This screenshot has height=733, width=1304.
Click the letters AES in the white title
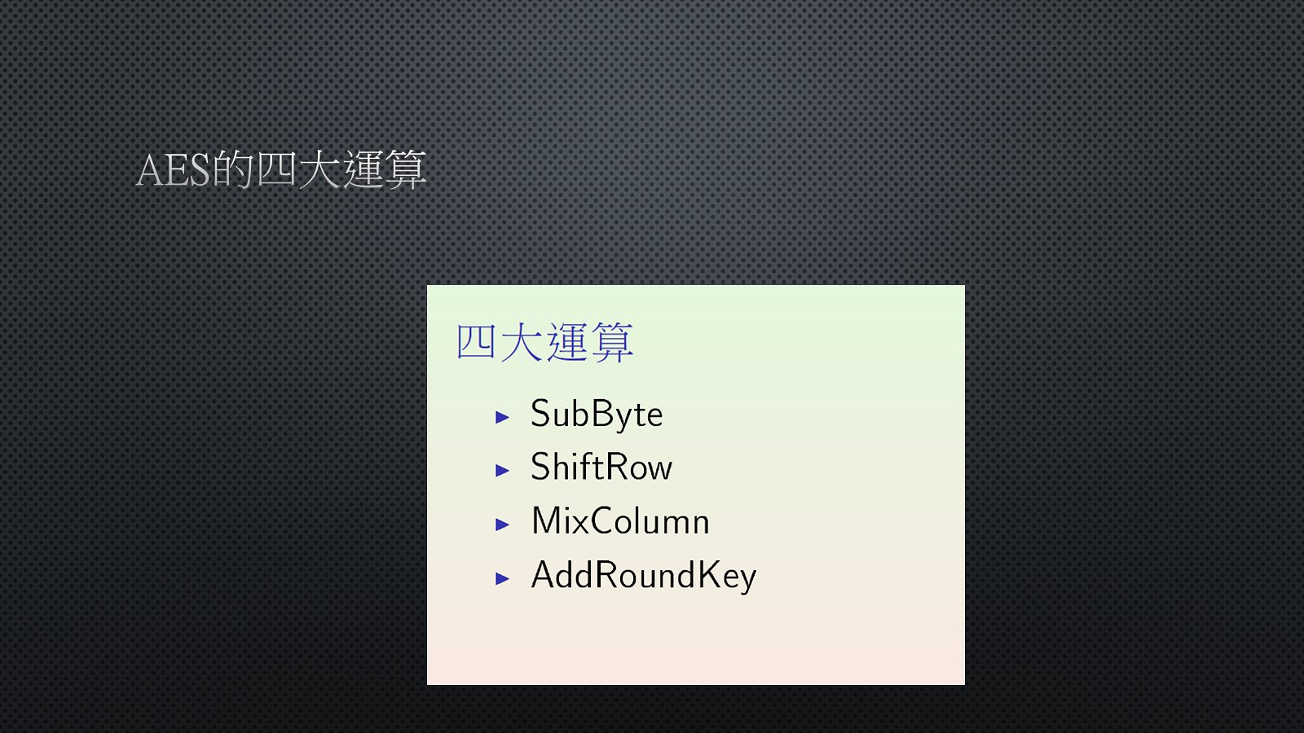pyautogui.click(x=173, y=170)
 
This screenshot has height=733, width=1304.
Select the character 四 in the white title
pyautogui.click(x=276, y=169)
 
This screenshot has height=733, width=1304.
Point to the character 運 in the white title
pyautogui.click(x=363, y=169)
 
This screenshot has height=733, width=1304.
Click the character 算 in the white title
pyautogui.click(x=406, y=169)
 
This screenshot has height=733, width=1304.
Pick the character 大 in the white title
pyautogui.click(x=319, y=169)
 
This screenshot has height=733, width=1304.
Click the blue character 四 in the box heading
pyautogui.click(x=476, y=342)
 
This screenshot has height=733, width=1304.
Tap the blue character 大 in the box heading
pyautogui.click(x=522, y=342)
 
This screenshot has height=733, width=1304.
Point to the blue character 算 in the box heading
pyautogui.click(x=612, y=342)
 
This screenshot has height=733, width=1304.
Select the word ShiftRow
pyautogui.click(x=601, y=467)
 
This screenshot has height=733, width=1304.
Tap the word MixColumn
pyautogui.click(x=620, y=520)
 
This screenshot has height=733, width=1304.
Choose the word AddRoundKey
pyautogui.click(x=644, y=576)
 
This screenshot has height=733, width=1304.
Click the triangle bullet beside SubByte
pyautogui.click(x=502, y=417)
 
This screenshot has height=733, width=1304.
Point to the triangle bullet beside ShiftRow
pyautogui.click(x=502, y=471)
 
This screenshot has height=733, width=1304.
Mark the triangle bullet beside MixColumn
pyautogui.click(x=502, y=525)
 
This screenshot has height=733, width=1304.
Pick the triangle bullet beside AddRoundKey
pyautogui.click(x=502, y=579)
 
